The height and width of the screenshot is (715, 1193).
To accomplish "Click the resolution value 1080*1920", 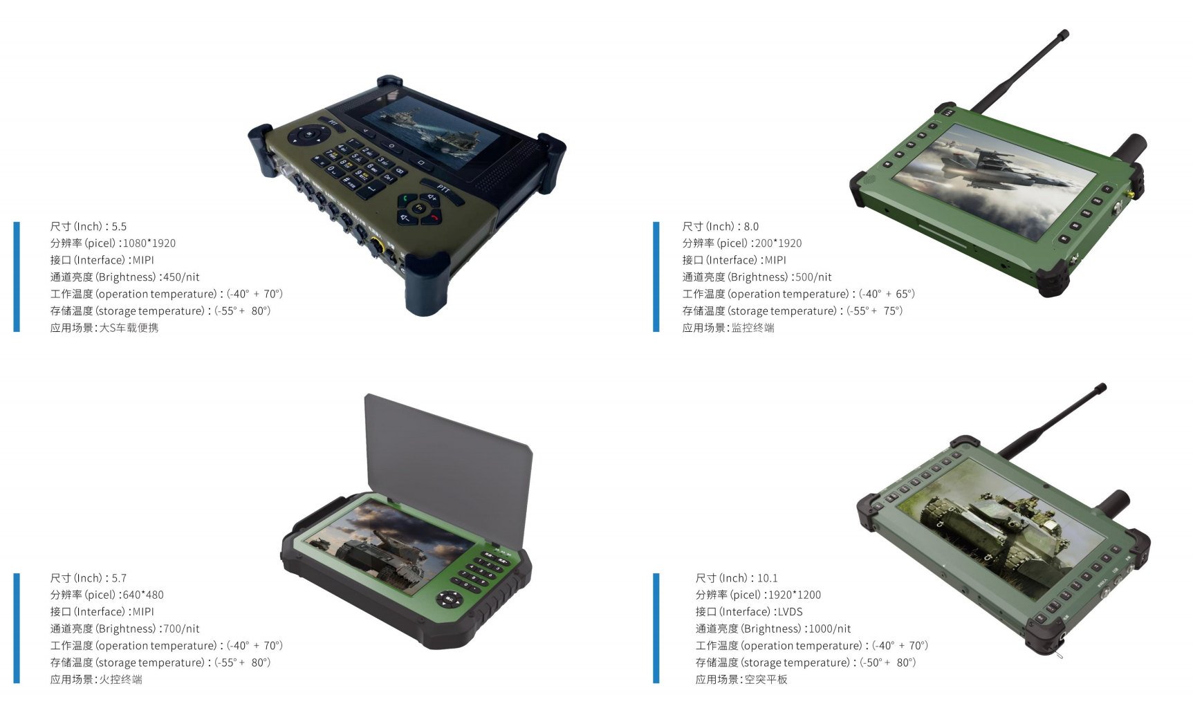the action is pos(149,243).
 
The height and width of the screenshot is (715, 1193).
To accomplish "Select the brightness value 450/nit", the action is pos(181,277).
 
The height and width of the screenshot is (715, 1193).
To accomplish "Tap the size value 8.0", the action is pos(751,227).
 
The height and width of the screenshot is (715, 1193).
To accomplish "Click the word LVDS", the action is pos(790,612).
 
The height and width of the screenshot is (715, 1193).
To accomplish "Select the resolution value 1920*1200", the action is pos(795,595).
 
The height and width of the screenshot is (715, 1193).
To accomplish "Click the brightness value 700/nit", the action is pos(181,629).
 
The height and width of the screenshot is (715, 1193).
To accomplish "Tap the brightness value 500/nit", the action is pos(813,277).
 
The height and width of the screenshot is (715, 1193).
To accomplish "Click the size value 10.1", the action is pos(768,578).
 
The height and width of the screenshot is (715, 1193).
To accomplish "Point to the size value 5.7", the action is pos(119,578).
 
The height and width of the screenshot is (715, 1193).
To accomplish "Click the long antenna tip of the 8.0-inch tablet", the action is pos(1065,33).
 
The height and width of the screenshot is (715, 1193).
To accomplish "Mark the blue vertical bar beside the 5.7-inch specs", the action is pos(17,628).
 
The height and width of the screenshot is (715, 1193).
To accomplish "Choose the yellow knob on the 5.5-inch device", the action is pos(377,246).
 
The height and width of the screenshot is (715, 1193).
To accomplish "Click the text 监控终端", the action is pos(753,328).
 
